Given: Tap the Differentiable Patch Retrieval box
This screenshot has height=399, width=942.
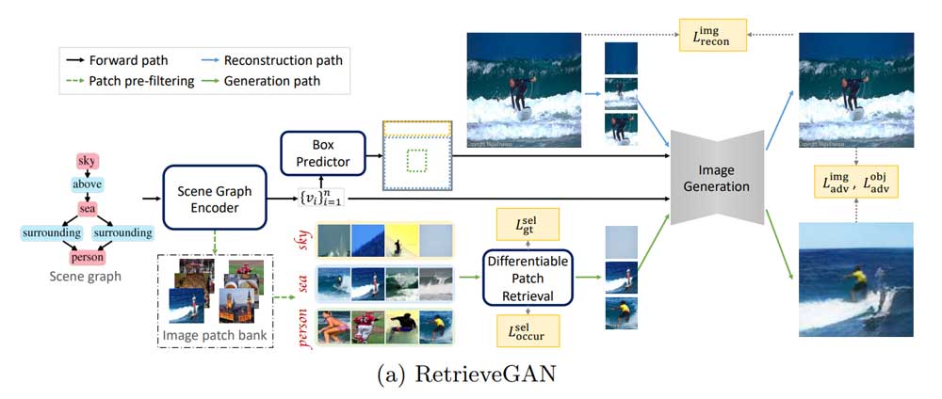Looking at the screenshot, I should (528, 277).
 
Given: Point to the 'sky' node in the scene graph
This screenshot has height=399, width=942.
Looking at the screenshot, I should (87, 163).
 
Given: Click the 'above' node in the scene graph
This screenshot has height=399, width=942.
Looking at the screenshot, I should (87, 185).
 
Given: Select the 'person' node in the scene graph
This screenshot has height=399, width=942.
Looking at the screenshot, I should (87, 256).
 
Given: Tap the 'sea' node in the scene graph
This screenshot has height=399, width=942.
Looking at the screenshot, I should (87, 209).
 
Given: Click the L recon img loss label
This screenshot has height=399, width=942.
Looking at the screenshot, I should (712, 36).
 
